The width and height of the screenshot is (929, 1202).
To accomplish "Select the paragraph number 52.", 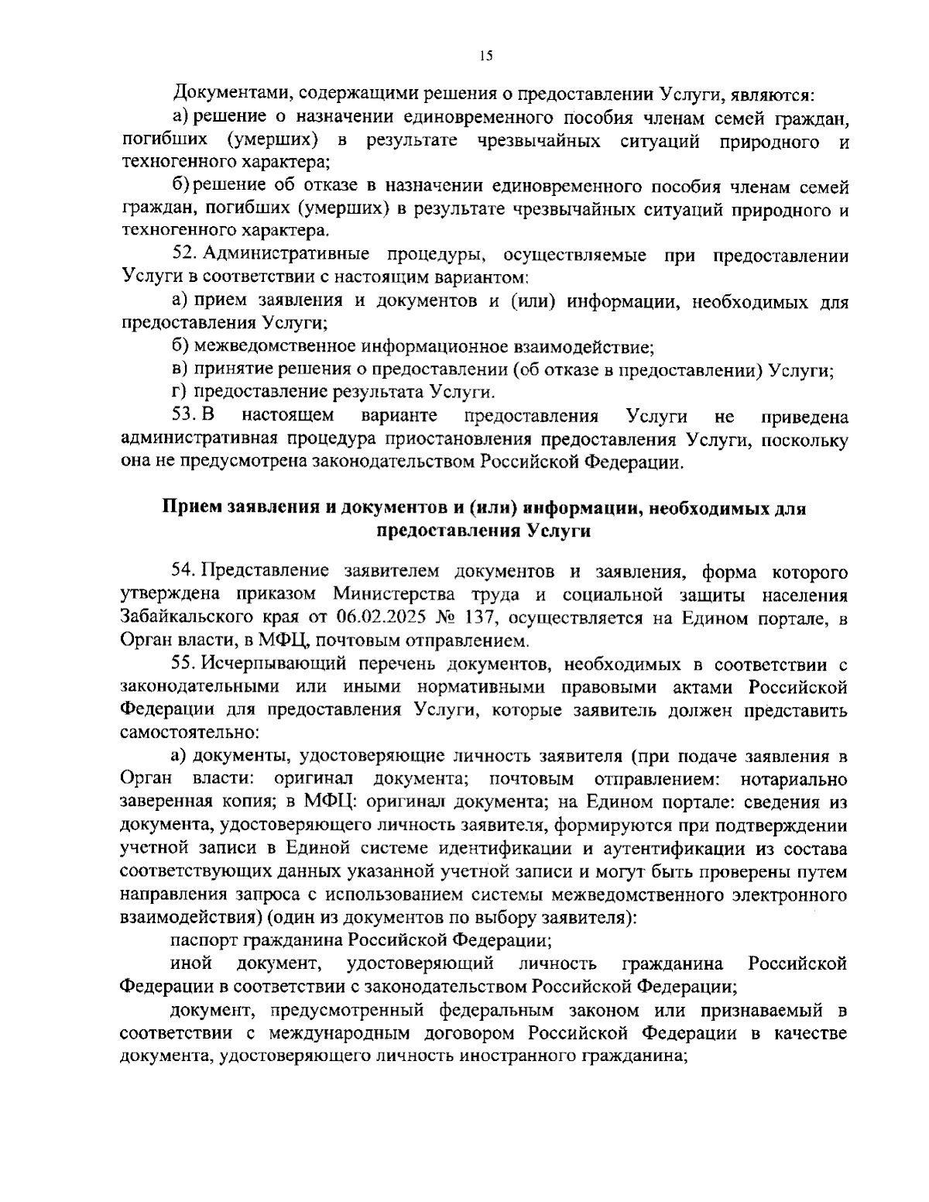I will click(183, 256).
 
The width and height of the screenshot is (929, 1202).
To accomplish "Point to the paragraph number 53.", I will click(183, 417).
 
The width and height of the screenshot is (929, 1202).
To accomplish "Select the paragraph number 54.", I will click(183, 572).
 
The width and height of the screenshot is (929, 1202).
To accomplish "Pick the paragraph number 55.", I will click(183, 665).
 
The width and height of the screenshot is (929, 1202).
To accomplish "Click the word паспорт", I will click(204, 941).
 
